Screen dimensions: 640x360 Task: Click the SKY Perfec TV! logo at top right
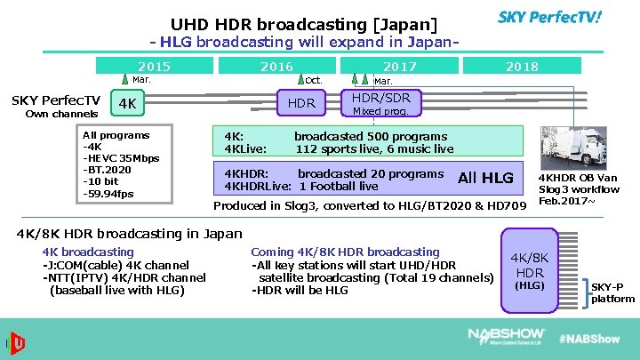pos(549,17)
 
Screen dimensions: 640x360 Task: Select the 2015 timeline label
pos(154,67)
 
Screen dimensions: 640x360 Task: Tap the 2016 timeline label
pos(276,67)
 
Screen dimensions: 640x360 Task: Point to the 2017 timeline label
pos(399,67)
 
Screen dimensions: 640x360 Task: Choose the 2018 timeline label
pos(522,67)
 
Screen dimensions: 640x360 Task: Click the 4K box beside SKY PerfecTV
pos(129,104)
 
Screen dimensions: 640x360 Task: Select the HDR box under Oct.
pos(302,103)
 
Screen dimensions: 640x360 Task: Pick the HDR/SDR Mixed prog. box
pos(381,104)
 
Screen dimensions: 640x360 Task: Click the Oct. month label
pos(314,80)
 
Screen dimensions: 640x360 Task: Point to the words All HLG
pos(485,179)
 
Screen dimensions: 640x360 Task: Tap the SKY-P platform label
pos(612,293)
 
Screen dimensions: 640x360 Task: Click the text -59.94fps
pos(108,193)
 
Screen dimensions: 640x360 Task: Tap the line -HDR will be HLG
pos(300,290)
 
